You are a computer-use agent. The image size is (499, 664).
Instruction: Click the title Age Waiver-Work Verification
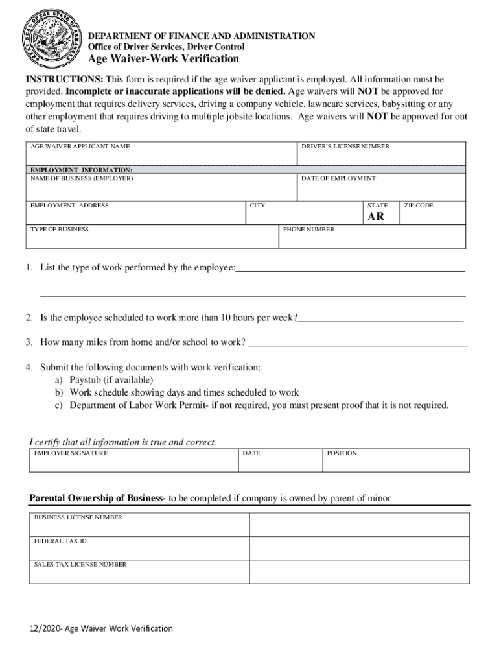163,59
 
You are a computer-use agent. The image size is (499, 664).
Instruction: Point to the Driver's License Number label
345,147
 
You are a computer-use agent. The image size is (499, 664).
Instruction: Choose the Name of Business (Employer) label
82,178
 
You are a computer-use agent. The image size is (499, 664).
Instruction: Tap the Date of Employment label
338,178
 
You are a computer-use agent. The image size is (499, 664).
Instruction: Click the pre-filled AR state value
376,217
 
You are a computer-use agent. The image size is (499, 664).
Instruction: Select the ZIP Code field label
419,206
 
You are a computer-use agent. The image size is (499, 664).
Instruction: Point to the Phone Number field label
309,230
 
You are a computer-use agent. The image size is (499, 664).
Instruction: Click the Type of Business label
60,230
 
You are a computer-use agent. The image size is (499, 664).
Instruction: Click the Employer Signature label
71,453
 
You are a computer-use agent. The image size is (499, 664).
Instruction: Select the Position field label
342,453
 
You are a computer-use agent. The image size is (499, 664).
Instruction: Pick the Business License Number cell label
78,517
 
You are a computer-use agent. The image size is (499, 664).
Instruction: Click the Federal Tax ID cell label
60,541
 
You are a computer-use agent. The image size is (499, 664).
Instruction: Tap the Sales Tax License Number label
80,565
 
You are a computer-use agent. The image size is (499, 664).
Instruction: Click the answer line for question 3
358,345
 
